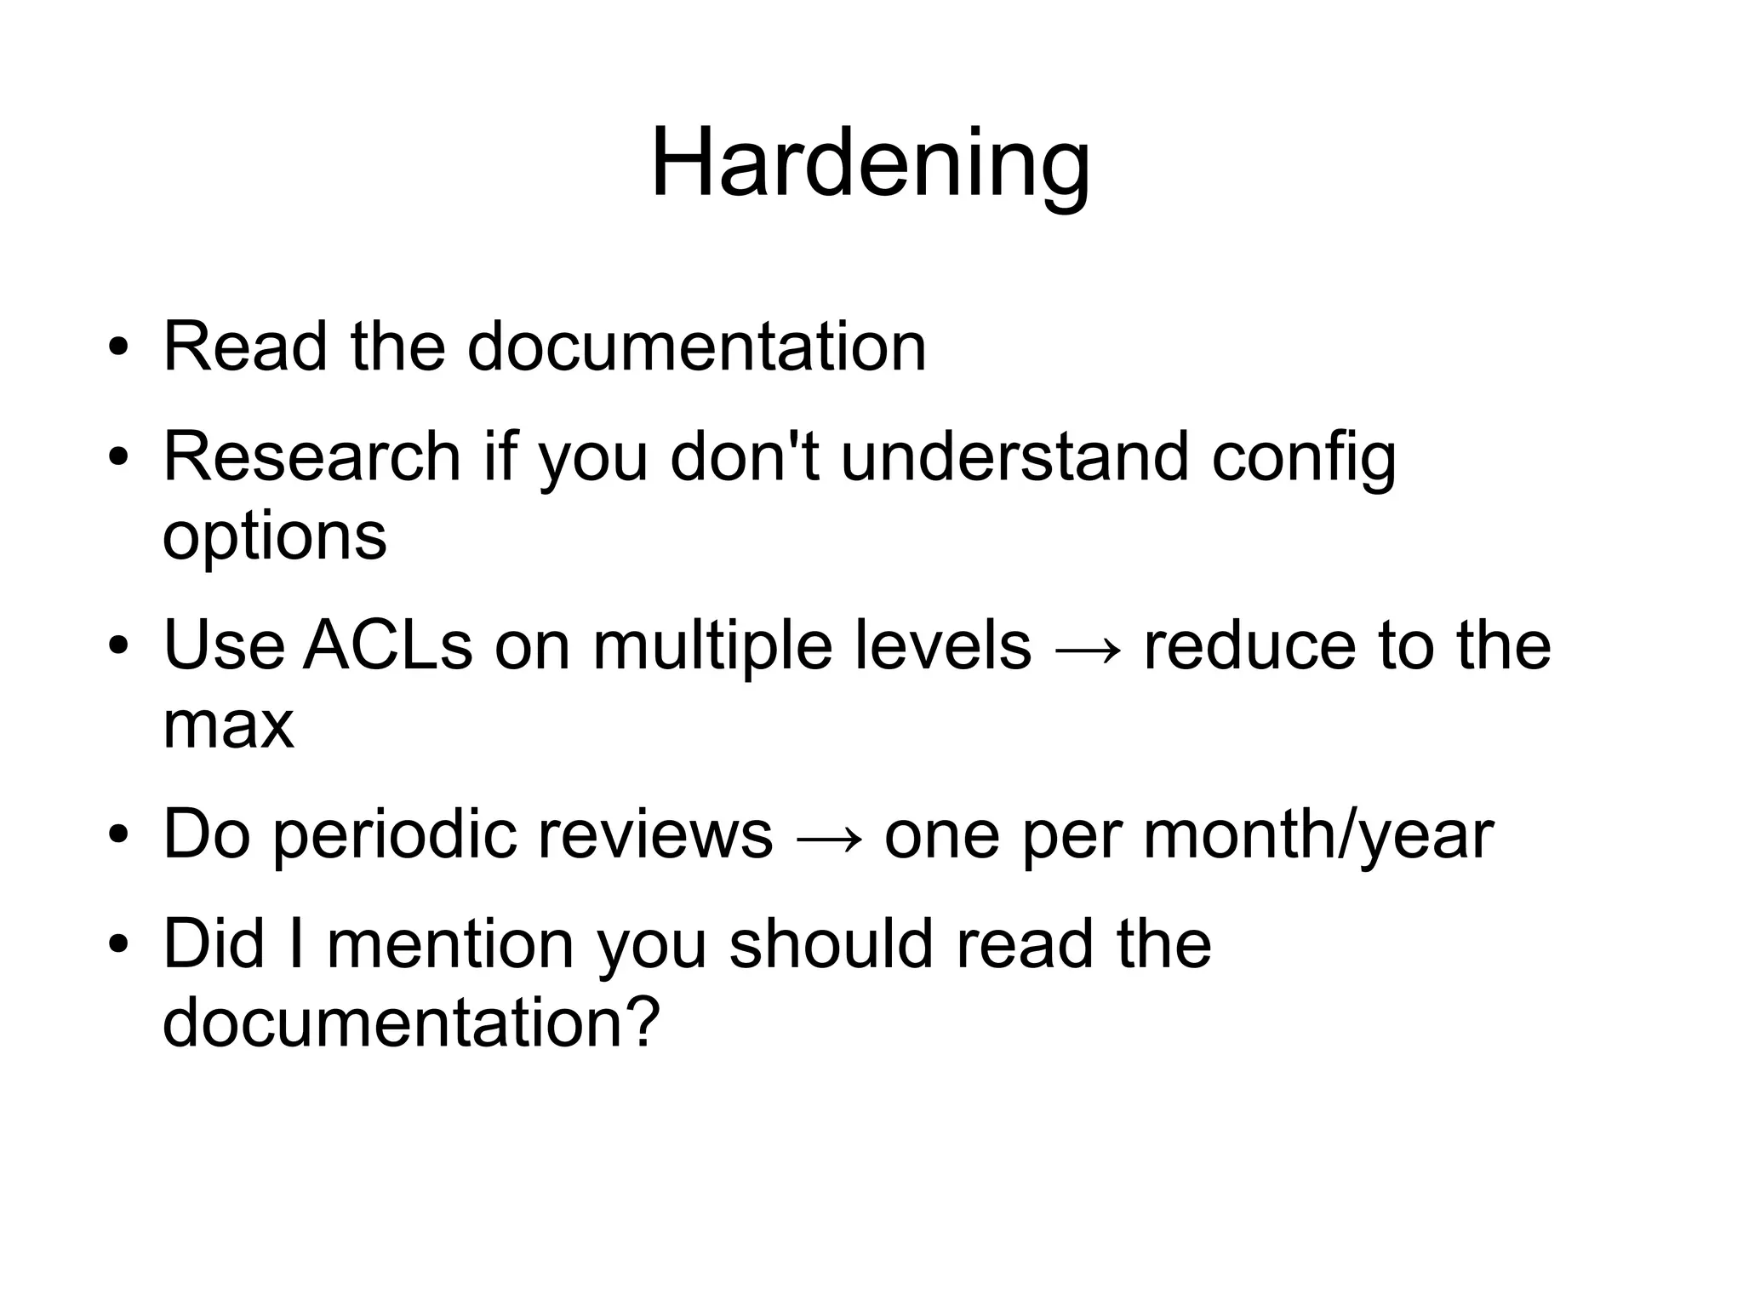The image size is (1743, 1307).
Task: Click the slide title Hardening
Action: (x=870, y=163)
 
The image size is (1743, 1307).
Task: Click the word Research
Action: (x=311, y=457)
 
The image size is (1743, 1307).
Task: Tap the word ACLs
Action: (x=387, y=645)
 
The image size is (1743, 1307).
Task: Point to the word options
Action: (x=274, y=538)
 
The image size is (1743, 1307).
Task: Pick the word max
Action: (x=228, y=725)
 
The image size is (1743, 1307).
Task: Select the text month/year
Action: (x=1317, y=836)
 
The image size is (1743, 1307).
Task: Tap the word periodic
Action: (x=395, y=836)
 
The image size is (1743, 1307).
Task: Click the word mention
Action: (x=450, y=945)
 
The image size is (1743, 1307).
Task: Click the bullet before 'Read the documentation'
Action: (x=118, y=348)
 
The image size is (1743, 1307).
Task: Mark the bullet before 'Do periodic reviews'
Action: (x=118, y=835)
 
